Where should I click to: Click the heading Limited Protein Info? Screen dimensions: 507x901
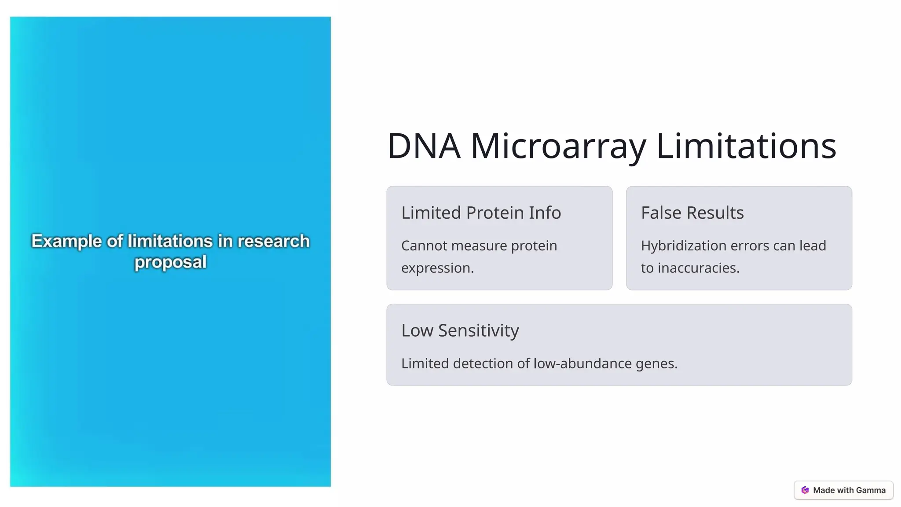click(481, 213)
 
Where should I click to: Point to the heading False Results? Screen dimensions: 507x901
click(692, 213)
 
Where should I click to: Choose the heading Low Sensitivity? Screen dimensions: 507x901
click(460, 331)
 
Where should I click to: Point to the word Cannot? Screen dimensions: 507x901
click(424, 246)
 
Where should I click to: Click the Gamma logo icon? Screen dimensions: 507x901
click(805, 490)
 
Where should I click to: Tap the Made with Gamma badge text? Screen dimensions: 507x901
click(849, 490)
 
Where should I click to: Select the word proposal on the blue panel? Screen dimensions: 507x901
click(170, 262)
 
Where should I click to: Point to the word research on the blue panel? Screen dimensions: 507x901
click(273, 241)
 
